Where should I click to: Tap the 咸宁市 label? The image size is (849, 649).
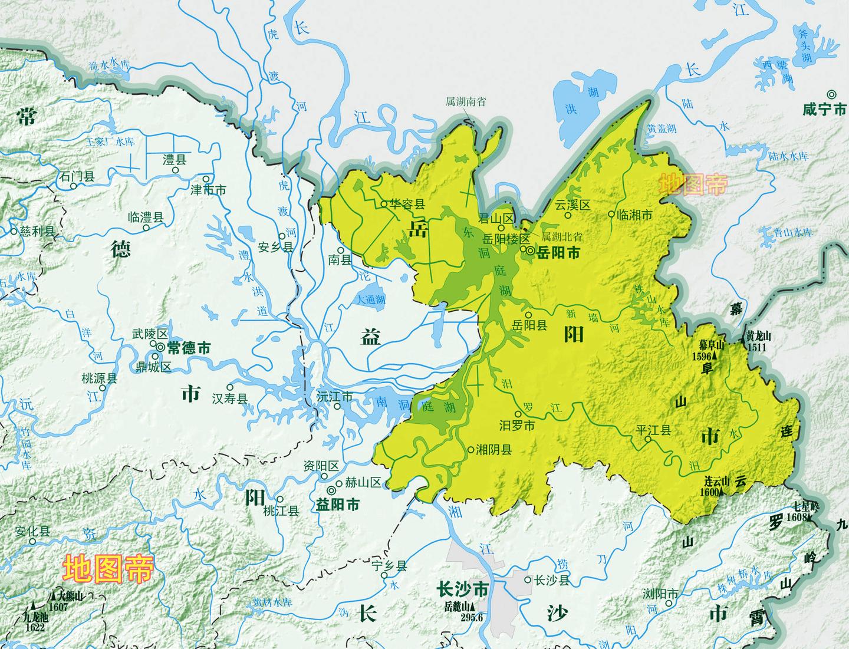[x=824, y=110]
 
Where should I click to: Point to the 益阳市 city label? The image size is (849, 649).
[x=338, y=505]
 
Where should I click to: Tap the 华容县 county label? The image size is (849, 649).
[x=409, y=205]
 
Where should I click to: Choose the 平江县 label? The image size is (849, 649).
[x=654, y=430]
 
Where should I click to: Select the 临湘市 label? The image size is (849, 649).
[x=634, y=215]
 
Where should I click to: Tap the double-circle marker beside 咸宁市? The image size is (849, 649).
[x=831, y=94]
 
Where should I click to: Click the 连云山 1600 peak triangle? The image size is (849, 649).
[x=719, y=492]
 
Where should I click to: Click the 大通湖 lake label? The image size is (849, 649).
[x=371, y=300]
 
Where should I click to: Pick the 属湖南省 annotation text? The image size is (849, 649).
[x=466, y=101]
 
